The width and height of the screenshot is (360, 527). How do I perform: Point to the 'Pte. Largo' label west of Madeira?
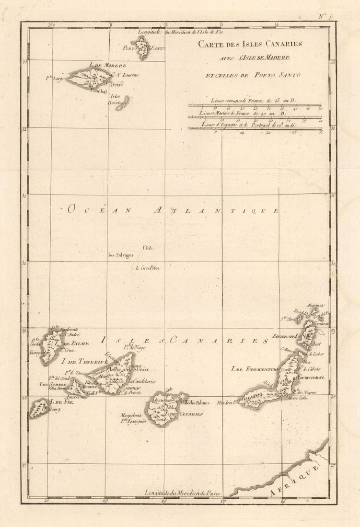pos(55,79)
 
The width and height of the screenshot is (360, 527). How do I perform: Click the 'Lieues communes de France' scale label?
pos(254,101)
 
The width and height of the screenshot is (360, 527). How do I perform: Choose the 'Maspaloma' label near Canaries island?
pos(130,415)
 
